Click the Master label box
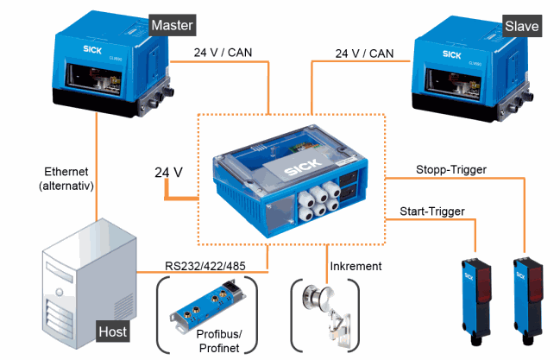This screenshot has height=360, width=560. coord(171,25)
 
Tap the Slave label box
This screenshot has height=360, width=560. coord(520,26)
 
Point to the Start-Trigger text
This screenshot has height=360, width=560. coord(433,211)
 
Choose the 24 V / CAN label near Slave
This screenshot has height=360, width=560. coord(364,53)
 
